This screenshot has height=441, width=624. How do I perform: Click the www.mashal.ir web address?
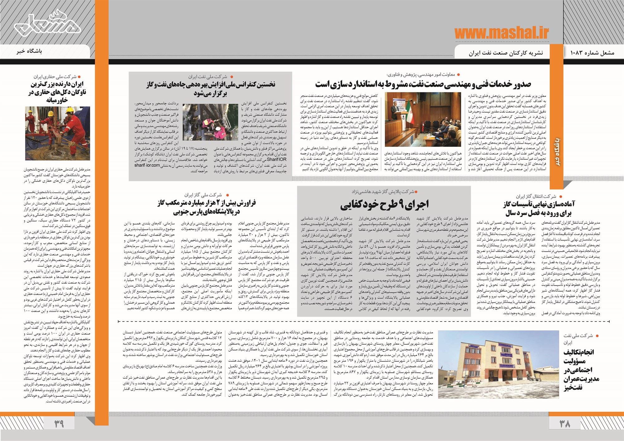(x=501, y=33)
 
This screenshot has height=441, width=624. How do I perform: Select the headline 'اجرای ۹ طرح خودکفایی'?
(x=384, y=204)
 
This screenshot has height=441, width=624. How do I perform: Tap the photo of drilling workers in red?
(x=57, y=133)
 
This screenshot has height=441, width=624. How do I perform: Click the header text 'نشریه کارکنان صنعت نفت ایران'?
(x=506, y=53)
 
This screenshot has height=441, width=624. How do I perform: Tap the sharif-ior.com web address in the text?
(x=148, y=165)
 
